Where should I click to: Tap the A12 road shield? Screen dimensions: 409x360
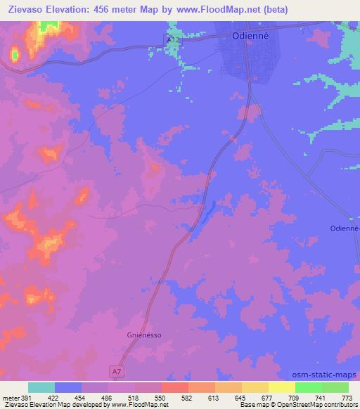pos(172,41)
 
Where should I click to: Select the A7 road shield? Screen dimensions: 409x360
pos(117,370)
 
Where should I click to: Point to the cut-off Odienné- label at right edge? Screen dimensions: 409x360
pos(345,228)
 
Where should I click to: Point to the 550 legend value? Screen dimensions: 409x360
pos(161,398)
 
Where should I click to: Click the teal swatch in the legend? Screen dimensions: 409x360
pos(41,387)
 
